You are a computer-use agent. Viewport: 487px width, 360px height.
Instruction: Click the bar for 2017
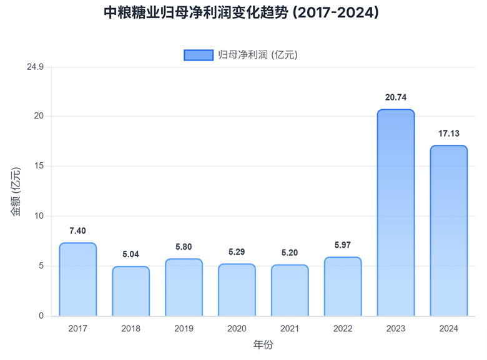click(78, 280)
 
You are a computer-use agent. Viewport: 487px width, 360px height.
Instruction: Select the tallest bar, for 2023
click(396, 213)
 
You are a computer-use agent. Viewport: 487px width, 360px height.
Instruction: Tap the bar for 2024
click(449, 231)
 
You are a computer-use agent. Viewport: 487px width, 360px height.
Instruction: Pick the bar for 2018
click(131, 291)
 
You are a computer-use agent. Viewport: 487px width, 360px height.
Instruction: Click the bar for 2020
click(237, 290)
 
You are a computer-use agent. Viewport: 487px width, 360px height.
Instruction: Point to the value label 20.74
click(396, 97)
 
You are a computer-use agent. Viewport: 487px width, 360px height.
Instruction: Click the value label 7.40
click(78, 231)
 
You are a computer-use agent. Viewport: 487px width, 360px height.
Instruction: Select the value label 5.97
click(343, 245)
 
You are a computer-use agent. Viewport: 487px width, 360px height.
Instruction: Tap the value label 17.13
click(449, 134)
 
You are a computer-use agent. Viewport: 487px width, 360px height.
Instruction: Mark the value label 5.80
click(184, 247)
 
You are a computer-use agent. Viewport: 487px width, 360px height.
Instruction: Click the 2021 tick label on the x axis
click(290, 328)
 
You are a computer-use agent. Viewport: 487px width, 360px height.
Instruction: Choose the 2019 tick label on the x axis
click(184, 328)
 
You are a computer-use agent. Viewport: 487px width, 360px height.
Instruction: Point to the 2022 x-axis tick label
click(343, 328)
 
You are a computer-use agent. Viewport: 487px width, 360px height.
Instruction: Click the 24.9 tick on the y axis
click(35, 67)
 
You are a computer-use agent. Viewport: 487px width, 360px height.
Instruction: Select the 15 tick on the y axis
click(39, 166)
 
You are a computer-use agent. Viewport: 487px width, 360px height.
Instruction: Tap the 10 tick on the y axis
click(39, 216)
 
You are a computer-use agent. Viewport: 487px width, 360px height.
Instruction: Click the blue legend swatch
click(198, 55)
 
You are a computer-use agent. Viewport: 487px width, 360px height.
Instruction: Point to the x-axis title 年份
click(263, 344)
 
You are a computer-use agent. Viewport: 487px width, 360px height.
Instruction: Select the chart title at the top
click(243, 12)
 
